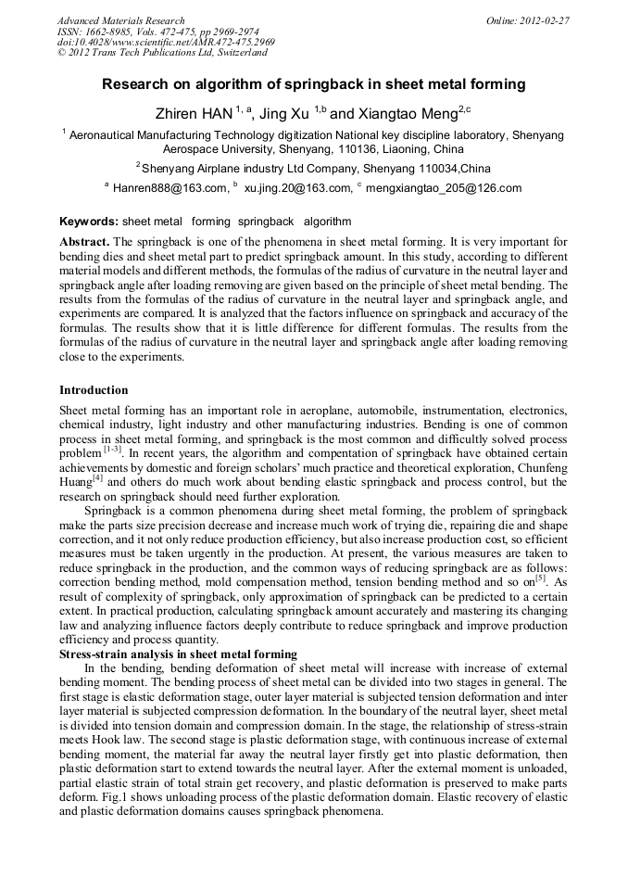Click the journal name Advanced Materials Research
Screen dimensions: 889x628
tap(120, 20)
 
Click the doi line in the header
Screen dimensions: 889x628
tap(166, 43)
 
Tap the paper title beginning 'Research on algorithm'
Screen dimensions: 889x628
tap(313, 84)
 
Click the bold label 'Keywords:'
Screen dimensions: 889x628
tap(89, 222)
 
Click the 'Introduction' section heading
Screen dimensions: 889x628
tap(94, 389)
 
